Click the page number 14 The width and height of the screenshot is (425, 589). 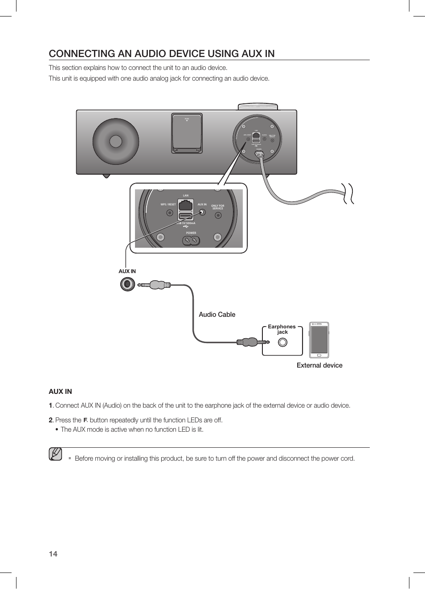53,554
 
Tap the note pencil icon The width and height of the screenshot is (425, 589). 56,454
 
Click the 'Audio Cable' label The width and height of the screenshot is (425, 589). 217,315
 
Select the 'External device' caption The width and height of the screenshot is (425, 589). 319,365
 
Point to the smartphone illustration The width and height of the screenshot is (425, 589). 319,340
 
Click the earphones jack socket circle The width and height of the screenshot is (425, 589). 282,343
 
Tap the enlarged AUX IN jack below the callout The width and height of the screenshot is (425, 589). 127,284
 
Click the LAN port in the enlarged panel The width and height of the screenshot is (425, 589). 186,205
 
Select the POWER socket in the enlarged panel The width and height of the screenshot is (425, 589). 191,241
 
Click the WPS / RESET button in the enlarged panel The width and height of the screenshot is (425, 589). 169,213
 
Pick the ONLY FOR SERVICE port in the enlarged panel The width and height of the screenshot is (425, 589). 218,215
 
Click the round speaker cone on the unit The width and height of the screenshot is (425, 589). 116,141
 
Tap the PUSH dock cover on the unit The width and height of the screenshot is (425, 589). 187,133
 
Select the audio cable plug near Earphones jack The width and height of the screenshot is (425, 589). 252,342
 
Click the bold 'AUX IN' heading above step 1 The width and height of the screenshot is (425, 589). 60,392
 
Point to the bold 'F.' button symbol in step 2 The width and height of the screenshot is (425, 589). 85,420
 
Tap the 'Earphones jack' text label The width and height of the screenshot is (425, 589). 282,329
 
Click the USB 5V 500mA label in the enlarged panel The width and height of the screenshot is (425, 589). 186,223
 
